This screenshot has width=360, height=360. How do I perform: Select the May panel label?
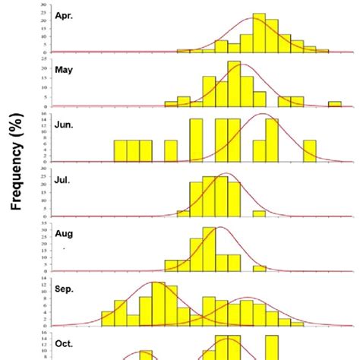click(65, 69)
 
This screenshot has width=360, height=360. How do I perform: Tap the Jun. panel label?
click(65, 123)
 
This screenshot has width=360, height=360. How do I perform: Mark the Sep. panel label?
click(65, 289)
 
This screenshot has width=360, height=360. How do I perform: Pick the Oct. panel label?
click(65, 343)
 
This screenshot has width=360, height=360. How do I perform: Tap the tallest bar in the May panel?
click(234, 84)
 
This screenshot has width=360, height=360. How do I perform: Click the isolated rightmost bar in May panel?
click(334, 104)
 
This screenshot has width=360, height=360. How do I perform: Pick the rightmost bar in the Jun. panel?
click(309, 150)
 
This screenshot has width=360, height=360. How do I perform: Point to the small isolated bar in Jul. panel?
click(259, 213)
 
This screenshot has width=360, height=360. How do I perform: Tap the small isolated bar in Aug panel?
click(259, 268)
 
